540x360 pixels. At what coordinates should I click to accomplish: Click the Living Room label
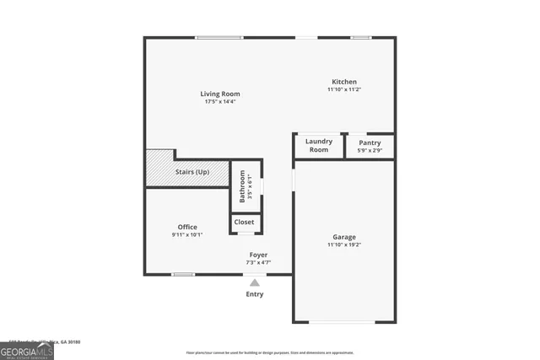220,94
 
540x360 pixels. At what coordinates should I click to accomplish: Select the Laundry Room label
319,145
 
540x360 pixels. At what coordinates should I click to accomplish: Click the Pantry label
370,142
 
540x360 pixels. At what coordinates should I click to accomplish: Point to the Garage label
343,237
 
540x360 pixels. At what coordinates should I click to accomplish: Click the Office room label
187,227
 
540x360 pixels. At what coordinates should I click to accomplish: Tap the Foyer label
258,255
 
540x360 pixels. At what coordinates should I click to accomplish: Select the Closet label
244,223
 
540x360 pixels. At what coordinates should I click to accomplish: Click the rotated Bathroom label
242,186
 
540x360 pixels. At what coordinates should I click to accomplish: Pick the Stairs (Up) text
192,172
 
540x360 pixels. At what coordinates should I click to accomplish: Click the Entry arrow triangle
255,282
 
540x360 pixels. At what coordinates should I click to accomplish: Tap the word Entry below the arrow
255,294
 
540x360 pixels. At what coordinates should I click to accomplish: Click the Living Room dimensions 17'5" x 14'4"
220,102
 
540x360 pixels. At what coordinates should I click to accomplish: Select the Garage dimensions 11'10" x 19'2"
343,245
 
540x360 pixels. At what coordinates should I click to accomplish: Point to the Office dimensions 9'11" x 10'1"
187,235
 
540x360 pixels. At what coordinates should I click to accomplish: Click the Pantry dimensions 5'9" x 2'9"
370,151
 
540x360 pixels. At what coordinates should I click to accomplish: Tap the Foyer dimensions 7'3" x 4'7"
258,262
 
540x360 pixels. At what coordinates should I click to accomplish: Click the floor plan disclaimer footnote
270,352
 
